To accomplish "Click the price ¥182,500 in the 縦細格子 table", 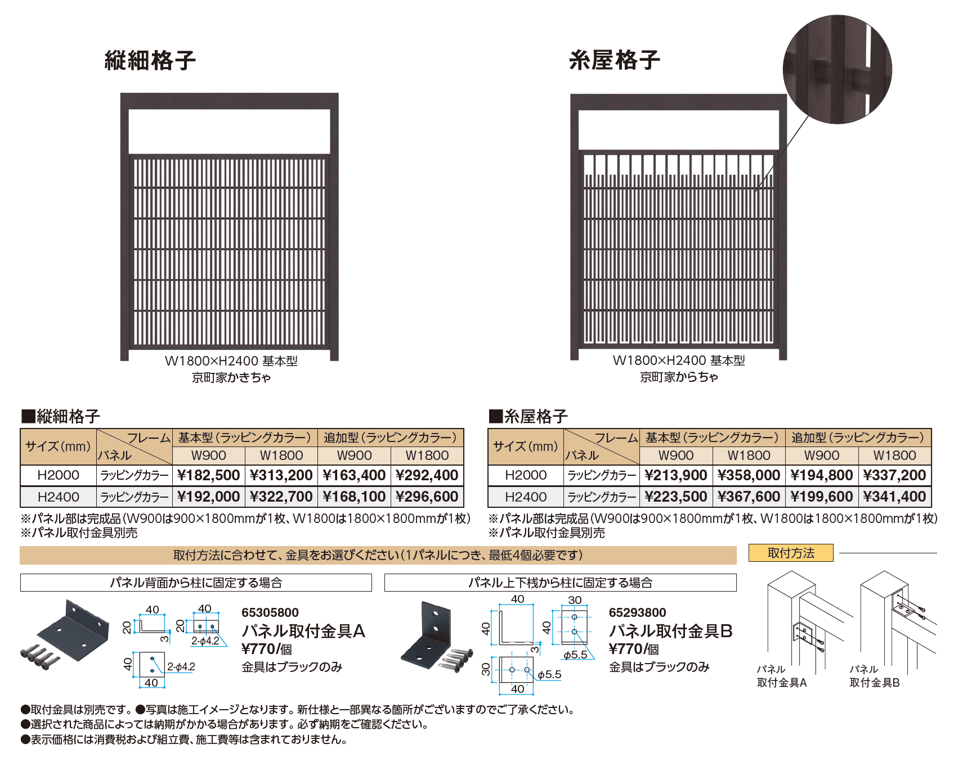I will [208, 475].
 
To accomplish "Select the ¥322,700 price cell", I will [281, 497].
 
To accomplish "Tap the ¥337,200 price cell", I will [894, 475].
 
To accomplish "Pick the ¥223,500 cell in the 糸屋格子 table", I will [675, 497].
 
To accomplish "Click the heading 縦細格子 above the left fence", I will [150, 60].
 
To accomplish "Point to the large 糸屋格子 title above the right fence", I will [614, 60].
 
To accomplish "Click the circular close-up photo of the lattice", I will [837, 69].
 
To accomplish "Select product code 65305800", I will [270, 612].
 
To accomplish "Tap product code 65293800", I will [637, 612].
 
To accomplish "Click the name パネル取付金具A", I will [303, 631].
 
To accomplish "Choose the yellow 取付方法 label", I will [791, 553].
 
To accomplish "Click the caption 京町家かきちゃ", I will [231, 377].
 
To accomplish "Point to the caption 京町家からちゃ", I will [679, 377].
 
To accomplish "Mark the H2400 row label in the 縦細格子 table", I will [59, 497].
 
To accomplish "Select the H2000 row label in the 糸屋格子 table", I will [526, 475].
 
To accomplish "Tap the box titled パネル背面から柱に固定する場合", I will [196, 583].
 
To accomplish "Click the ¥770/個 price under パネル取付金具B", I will [634, 649].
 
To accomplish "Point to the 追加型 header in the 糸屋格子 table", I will [858, 438].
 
